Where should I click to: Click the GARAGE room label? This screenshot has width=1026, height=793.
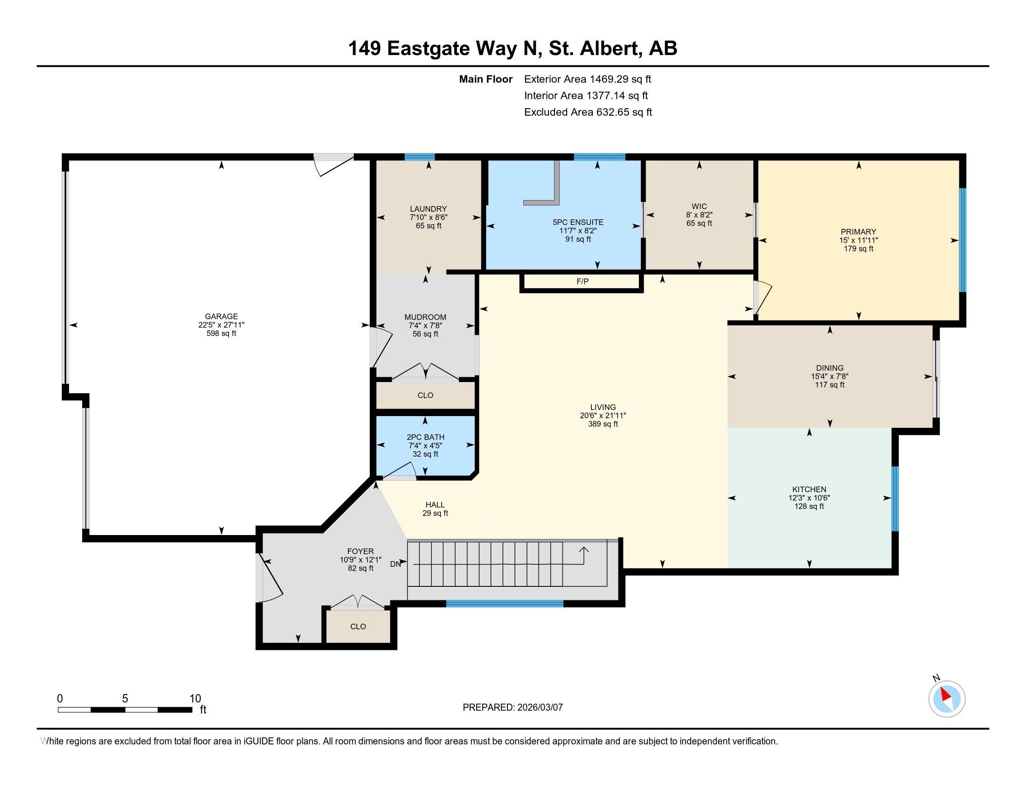point(221,316)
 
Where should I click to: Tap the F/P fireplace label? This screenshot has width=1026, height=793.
point(582,281)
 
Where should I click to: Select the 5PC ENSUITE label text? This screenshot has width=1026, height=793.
point(578,222)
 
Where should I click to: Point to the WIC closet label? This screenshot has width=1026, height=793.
point(699,206)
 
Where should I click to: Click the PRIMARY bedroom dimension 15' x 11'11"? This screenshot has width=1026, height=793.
point(858,240)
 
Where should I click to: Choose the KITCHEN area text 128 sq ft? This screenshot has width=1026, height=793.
point(809,507)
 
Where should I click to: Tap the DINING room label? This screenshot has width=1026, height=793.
point(829,368)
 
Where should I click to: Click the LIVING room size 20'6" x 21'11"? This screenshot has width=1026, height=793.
point(603,416)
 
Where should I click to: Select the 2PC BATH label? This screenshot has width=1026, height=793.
point(425,437)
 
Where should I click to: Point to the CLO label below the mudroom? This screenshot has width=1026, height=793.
point(425,395)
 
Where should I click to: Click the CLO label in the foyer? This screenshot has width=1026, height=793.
point(358,626)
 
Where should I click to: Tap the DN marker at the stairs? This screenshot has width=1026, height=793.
point(395,564)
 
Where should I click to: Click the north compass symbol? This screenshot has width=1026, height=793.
point(946,699)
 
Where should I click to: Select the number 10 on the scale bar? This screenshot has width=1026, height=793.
point(195,699)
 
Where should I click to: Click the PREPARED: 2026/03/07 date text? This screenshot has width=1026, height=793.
point(513,708)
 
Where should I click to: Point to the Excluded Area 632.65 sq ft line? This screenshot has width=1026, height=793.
point(588,112)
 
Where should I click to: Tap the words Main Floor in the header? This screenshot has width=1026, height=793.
point(485,79)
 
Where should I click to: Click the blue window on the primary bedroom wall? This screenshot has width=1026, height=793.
point(962,240)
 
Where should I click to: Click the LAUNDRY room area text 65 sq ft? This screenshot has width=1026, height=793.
point(428,225)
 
